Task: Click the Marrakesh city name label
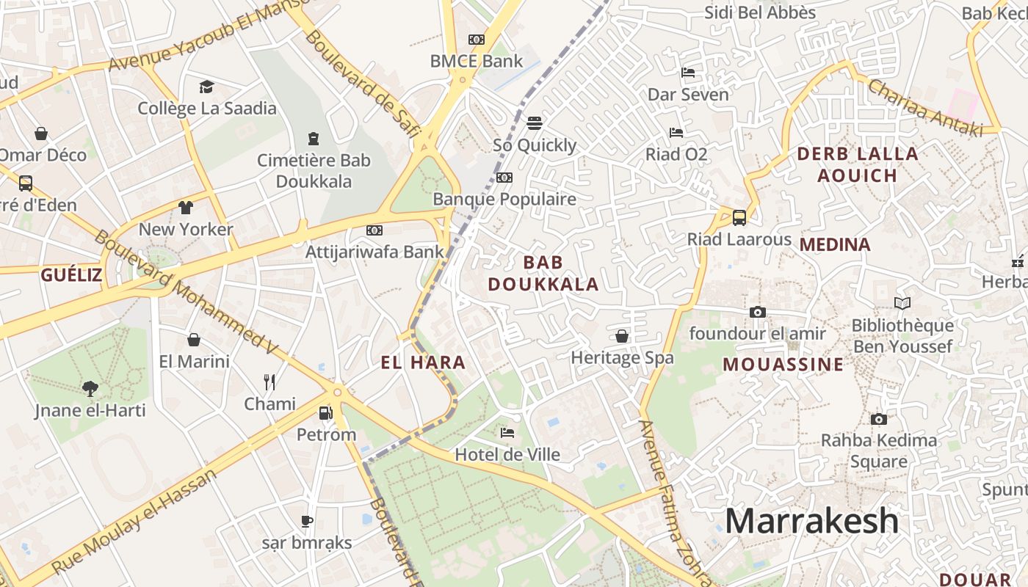pos(811,521)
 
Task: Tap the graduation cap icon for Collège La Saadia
pos(206,87)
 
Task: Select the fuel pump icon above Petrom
pos(325,413)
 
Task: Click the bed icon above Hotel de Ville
pos(507,433)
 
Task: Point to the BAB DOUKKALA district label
pos(543,273)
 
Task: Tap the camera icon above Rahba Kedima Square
pos(878,419)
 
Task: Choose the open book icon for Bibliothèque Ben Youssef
pos(902,303)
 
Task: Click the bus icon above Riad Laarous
pos(739,217)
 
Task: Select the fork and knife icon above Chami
pos(269,382)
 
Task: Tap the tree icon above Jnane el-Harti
pos(90,388)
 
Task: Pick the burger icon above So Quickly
pos(534,123)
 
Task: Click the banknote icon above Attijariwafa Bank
pos(374,230)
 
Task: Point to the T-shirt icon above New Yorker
pos(186,208)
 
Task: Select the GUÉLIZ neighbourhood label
pos(71,275)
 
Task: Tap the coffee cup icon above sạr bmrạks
pos(307,521)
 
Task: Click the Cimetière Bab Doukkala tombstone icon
pos(314,138)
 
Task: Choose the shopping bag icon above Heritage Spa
pos(622,336)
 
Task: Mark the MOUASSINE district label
pos(783,365)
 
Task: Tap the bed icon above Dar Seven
pos(688,72)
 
